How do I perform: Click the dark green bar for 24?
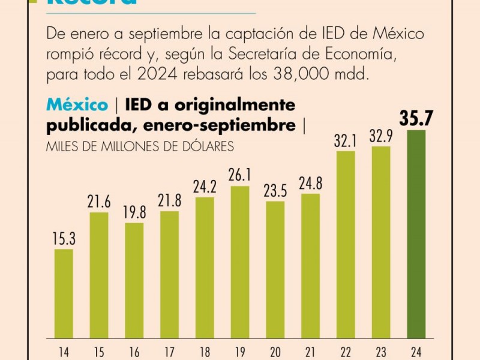(416, 234)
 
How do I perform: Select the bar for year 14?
(64, 293)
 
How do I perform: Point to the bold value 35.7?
(416, 119)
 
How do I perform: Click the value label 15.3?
(64, 239)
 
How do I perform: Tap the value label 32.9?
(381, 136)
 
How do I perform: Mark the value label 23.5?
(275, 191)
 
